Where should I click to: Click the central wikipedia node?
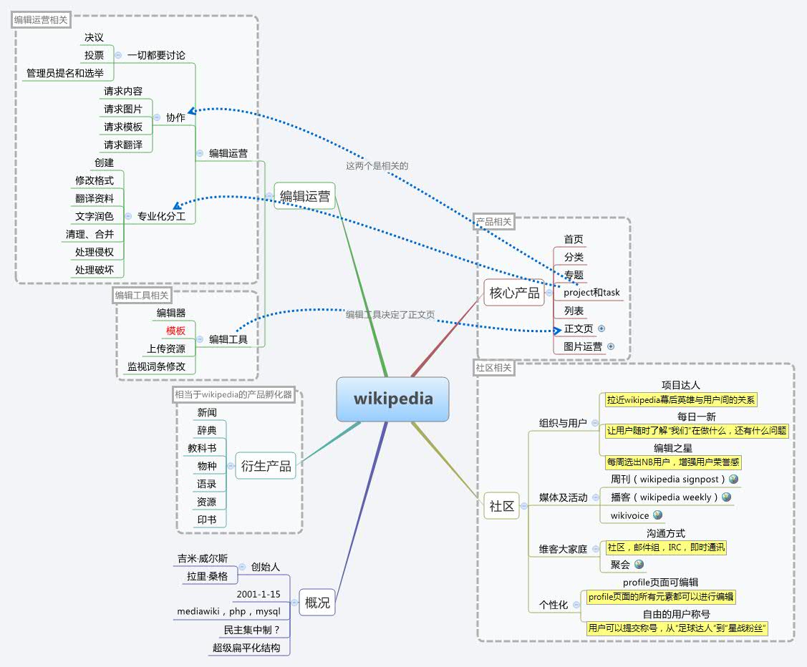point(392,399)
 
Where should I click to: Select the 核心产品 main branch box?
point(514,293)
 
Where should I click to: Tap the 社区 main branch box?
point(501,506)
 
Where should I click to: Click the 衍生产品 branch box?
point(266,466)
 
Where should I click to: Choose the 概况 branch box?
point(317,603)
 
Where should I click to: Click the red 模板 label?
point(175,331)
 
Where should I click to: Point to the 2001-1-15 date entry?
point(258,594)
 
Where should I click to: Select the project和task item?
point(591,293)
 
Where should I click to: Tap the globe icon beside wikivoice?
point(657,515)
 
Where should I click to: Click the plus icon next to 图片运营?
point(611,346)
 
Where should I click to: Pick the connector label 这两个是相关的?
point(377,165)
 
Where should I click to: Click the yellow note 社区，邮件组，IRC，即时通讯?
point(666,547)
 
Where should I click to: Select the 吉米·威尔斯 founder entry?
point(203,558)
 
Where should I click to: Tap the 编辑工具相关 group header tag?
point(142,295)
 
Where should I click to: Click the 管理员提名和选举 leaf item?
point(65,73)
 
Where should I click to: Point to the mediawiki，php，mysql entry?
point(229,612)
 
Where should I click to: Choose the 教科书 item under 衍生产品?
point(202,448)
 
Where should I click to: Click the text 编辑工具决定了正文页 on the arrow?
point(390,314)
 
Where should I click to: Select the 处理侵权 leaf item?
point(94,252)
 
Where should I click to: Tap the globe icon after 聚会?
point(639,565)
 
